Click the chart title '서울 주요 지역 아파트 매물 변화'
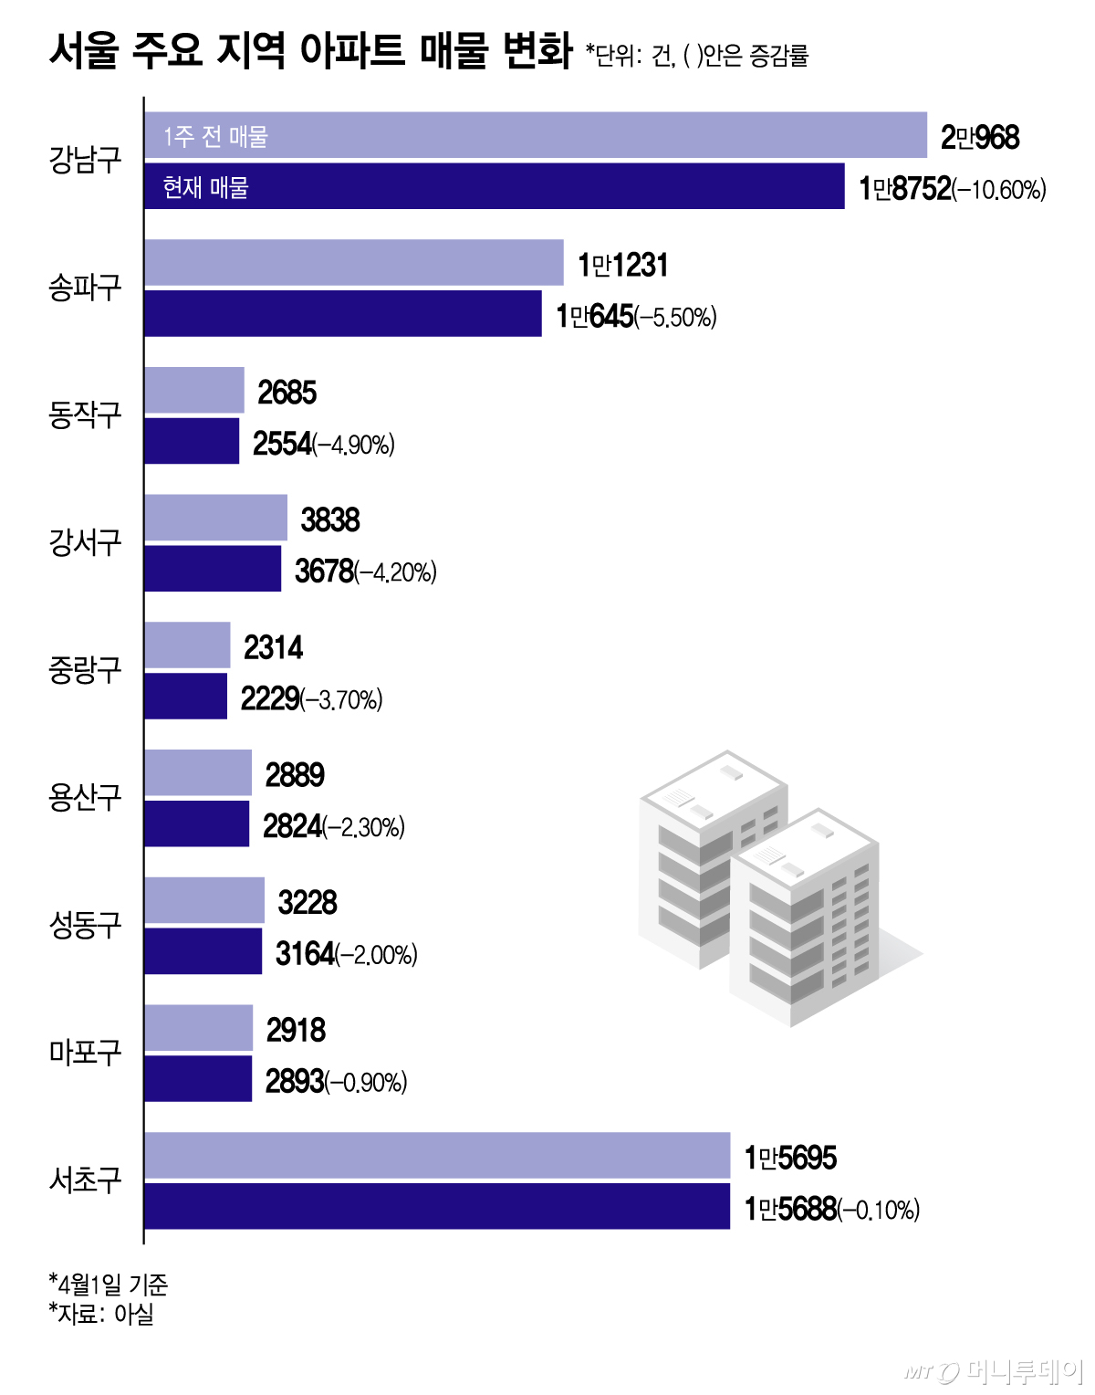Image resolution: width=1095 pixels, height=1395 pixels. (x=310, y=50)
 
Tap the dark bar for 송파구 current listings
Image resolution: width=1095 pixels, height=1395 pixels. (x=342, y=314)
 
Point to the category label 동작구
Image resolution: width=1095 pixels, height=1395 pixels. (x=85, y=415)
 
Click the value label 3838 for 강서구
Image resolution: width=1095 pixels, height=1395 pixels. (x=330, y=520)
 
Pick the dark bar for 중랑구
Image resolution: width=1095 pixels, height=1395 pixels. (x=185, y=697)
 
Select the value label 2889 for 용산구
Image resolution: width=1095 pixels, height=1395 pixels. (x=295, y=775)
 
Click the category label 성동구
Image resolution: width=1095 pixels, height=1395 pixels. (x=85, y=925)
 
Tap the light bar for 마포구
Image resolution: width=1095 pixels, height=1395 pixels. (x=198, y=1028)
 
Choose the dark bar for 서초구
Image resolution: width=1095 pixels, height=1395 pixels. (x=436, y=1206)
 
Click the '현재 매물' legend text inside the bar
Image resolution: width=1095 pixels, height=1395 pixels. (x=205, y=187)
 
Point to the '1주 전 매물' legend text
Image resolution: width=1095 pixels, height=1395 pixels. (x=215, y=136)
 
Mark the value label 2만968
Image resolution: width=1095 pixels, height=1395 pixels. (x=980, y=138)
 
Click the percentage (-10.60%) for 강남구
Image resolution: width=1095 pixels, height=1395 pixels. (x=999, y=190)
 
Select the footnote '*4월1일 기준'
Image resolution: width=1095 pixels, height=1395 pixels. (x=109, y=1285)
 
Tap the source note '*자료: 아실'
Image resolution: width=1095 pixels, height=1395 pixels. (x=101, y=1314)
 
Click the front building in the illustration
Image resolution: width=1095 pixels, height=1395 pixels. (x=803, y=922)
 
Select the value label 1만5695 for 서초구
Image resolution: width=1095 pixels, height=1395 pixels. (x=790, y=1158)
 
